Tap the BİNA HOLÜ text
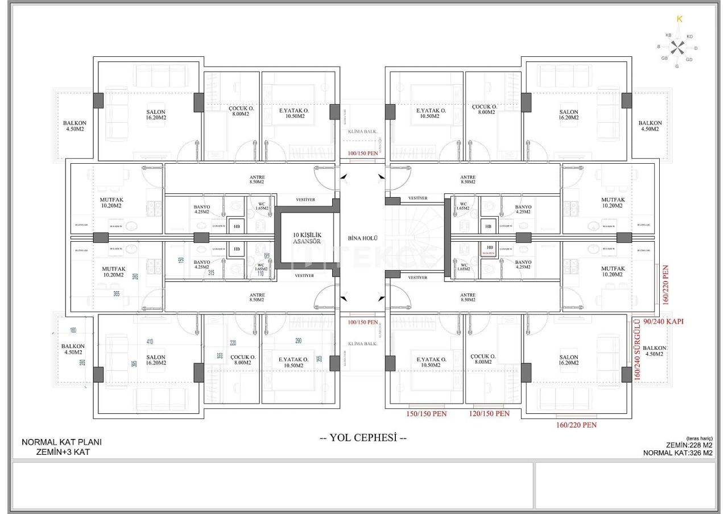pos(362,238)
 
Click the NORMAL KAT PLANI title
pos(61,442)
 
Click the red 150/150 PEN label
pos(427,414)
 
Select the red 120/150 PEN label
pos(490,414)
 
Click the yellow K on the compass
pos(679,19)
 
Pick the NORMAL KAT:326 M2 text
pos(677,453)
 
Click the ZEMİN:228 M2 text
pos(689,445)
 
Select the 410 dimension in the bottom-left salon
pos(150,342)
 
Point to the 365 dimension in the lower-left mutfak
pos(117,293)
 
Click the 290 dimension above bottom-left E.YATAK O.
pos(299,341)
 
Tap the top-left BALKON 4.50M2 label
pos(75,126)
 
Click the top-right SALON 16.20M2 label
pos(568,114)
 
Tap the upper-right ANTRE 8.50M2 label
pos(468,180)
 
